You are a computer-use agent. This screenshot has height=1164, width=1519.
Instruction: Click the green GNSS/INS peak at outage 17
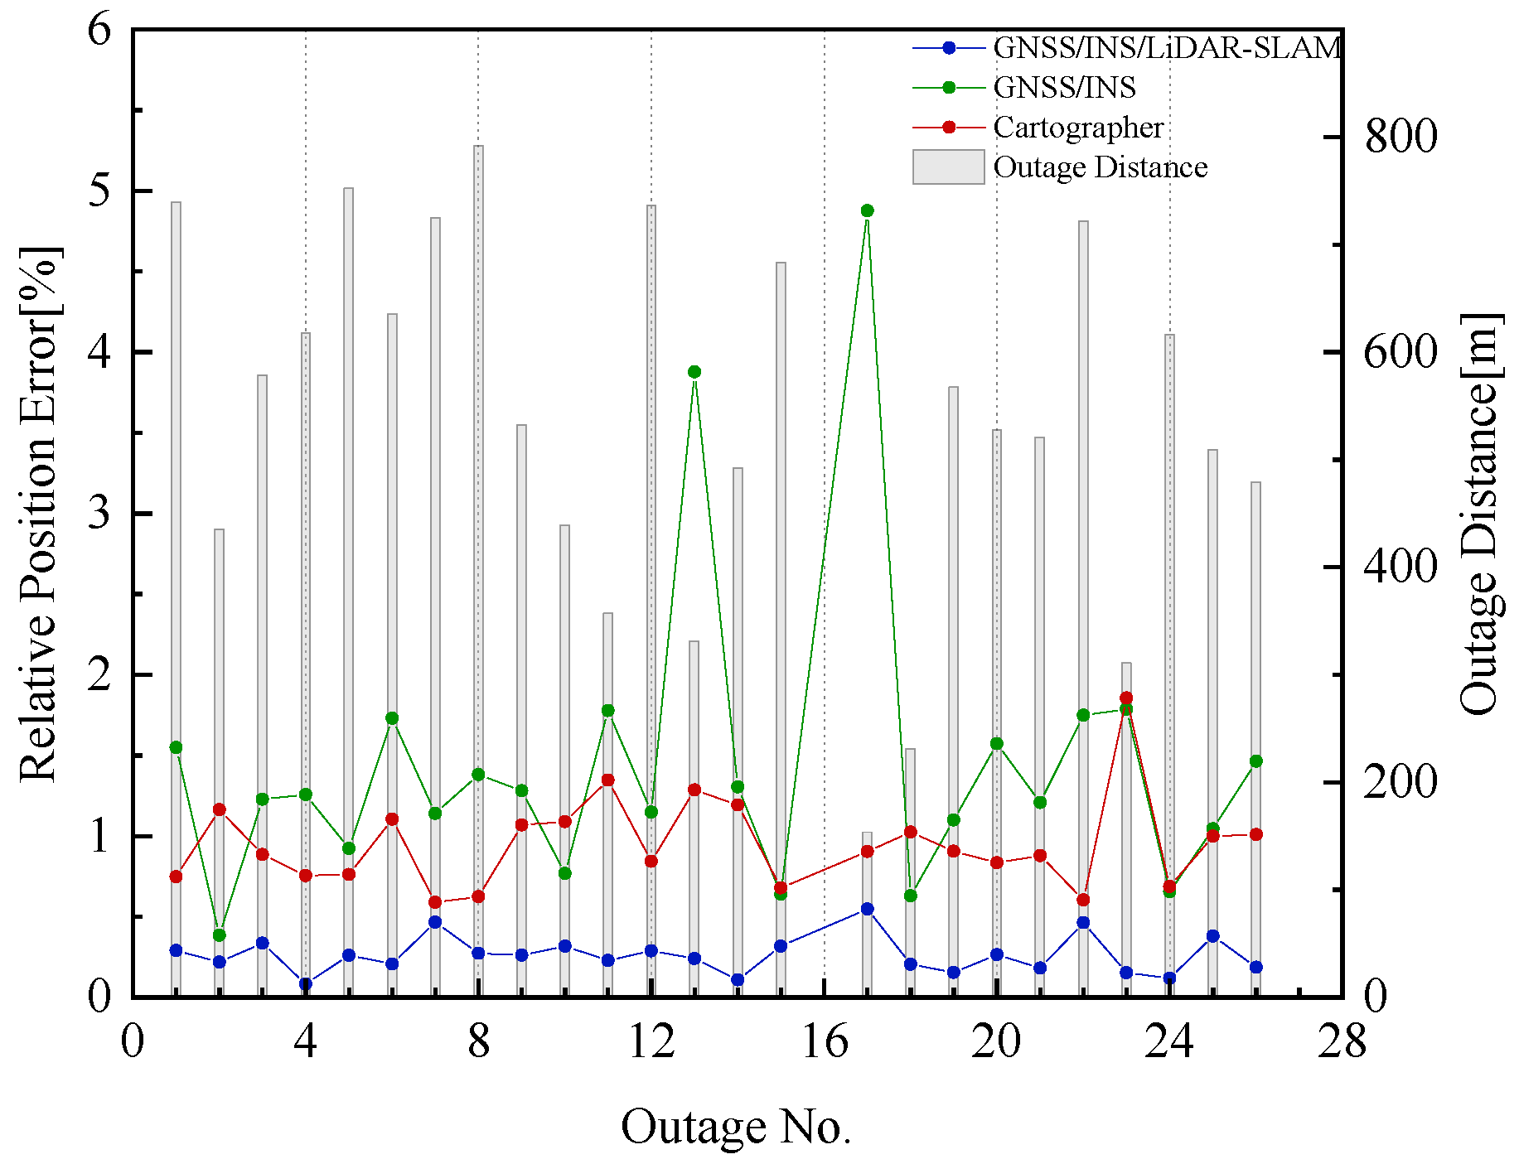pyautogui.click(x=867, y=210)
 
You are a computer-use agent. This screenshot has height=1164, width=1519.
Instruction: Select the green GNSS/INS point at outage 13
pyautogui.click(x=694, y=372)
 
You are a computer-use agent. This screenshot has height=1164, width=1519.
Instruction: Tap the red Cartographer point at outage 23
pyautogui.click(x=1126, y=698)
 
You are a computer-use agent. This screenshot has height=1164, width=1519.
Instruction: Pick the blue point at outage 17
pyautogui.click(x=867, y=909)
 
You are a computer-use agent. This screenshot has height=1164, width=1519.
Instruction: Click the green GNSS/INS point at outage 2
pyautogui.click(x=220, y=935)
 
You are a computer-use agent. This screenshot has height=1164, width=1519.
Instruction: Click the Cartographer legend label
pyautogui.click(x=1078, y=128)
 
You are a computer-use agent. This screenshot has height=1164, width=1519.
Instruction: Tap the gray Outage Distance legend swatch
pyautogui.click(x=948, y=167)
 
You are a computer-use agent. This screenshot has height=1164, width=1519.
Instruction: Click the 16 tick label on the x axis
pyautogui.click(x=825, y=1041)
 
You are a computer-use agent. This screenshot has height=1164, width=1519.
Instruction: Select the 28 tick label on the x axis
pyautogui.click(x=1342, y=1041)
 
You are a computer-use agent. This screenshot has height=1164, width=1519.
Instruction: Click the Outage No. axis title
pyautogui.click(x=736, y=1127)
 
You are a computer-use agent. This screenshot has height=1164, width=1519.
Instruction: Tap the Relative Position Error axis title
pyautogui.click(x=39, y=514)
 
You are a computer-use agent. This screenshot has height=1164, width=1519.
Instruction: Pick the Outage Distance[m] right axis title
pyautogui.click(x=1480, y=514)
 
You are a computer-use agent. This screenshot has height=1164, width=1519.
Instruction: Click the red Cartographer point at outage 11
pyautogui.click(x=607, y=780)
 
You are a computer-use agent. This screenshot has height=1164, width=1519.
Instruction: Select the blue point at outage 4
pyautogui.click(x=306, y=984)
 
